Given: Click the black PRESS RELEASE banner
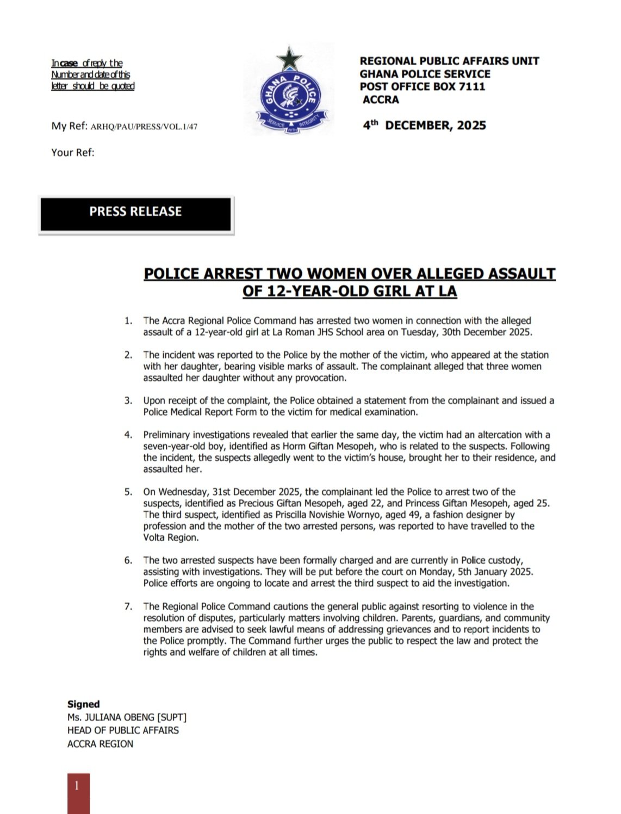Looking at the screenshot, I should [x=136, y=213].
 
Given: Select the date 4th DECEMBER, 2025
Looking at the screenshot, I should [x=424, y=126].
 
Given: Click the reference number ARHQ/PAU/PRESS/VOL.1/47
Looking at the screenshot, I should [x=144, y=127].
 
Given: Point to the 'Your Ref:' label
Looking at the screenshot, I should [x=73, y=153].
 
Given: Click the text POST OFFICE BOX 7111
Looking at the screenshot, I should [x=422, y=86].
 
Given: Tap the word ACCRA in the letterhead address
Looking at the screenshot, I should [x=381, y=99].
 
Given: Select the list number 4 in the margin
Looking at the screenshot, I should [x=128, y=435].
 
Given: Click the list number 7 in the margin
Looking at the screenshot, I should [x=128, y=606].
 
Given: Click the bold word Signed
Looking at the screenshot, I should [x=84, y=704].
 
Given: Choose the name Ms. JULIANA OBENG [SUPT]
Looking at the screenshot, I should [x=127, y=718].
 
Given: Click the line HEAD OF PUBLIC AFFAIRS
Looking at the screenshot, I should [x=123, y=731].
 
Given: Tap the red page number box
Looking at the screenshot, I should [x=78, y=793].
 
